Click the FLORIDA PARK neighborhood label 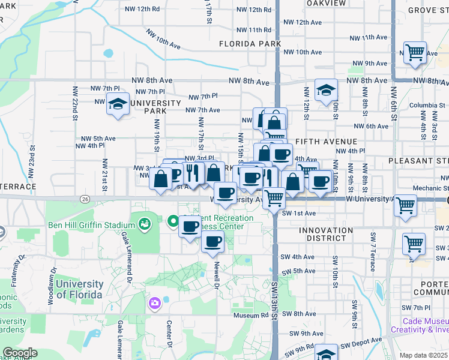(x=250, y=44)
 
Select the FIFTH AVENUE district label (x=323, y=142)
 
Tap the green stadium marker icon (x=144, y=224)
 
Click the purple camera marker (x=155, y=303)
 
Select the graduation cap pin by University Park (x=118, y=103)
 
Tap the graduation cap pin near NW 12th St (x=326, y=90)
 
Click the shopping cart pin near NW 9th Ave (x=415, y=53)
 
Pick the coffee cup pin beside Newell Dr (x=212, y=242)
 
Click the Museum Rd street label (x=251, y=314)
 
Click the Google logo (x=20, y=353)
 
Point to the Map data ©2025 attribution (x=423, y=355)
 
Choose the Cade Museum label (x=426, y=322)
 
